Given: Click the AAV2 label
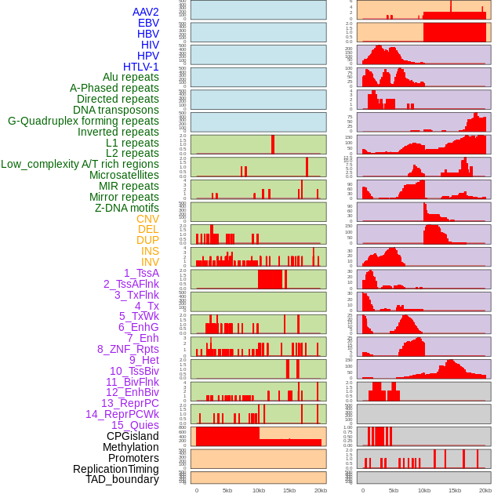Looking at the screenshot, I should (146, 12).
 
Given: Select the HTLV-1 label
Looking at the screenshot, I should (141, 67).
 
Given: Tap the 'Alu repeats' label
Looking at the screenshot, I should (131, 77).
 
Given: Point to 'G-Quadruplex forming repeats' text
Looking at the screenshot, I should (83, 121).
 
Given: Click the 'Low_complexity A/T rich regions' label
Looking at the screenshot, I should (80, 164).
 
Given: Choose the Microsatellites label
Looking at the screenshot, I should (124, 175).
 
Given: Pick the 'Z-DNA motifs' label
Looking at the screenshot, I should (127, 208).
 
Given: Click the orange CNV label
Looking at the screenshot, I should (147, 219).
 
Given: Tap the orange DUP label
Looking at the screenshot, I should (147, 240).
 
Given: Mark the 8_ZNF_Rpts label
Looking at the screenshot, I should (128, 349).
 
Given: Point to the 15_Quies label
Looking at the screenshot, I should (134, 425).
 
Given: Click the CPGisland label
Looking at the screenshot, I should (133, 436).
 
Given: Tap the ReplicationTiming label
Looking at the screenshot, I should (115, 469).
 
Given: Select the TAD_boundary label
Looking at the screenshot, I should (122, 479).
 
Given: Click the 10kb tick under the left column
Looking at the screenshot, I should (258, 490).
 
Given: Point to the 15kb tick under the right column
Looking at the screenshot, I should (455, 490).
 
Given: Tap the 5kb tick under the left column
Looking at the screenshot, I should (227, 490).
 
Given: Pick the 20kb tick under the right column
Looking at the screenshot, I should (485, 490).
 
